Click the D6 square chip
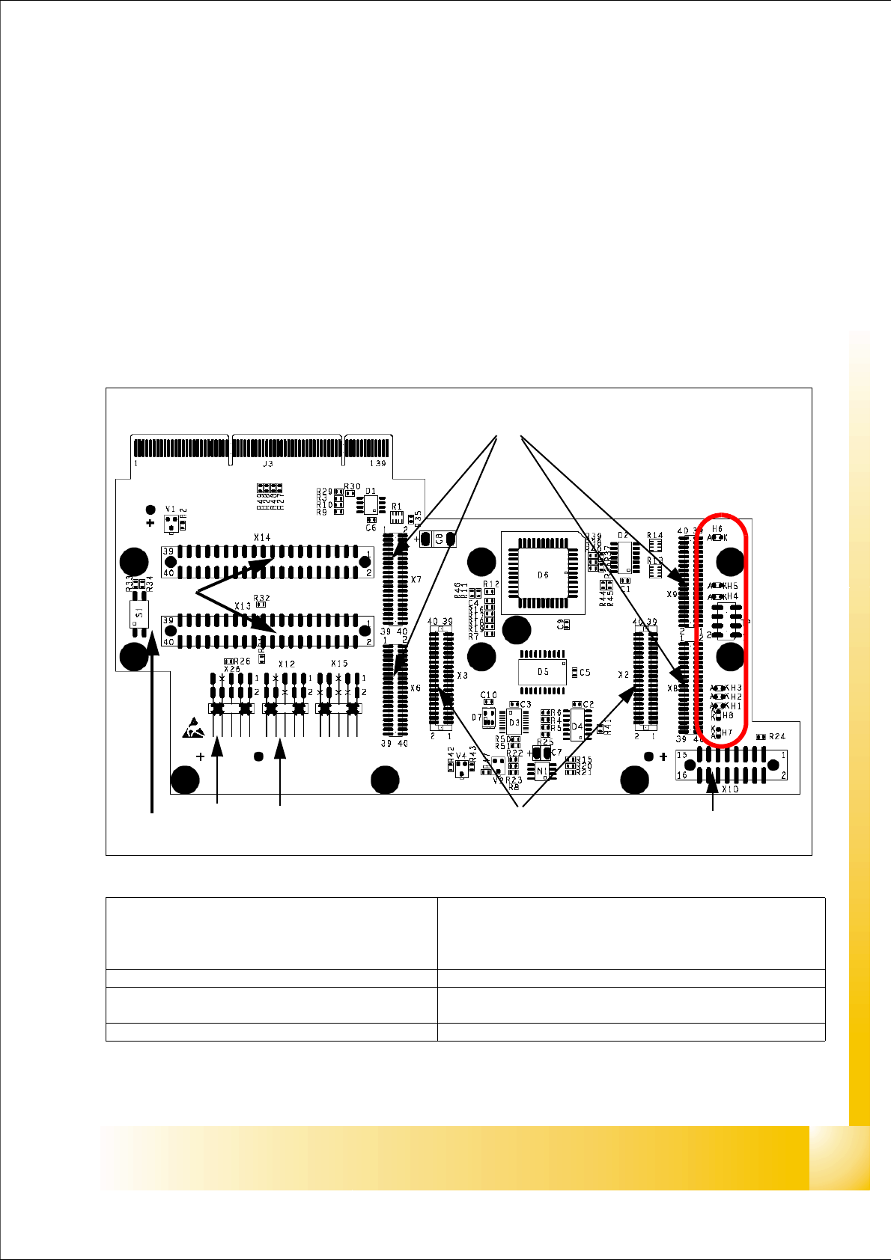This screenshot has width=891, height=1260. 543,574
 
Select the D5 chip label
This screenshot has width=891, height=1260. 543,672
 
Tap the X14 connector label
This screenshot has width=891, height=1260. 262,537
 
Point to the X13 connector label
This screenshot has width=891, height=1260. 243,605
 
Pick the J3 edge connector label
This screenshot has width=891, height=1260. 267,464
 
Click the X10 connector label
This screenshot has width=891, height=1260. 731,789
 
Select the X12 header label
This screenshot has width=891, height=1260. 286,664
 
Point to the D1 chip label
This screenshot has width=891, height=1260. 371,490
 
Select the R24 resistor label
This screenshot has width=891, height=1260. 777,736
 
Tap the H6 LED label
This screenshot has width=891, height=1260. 717,528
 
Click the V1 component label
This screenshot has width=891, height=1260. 171,509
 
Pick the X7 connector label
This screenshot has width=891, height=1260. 416,580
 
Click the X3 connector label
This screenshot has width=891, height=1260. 462,676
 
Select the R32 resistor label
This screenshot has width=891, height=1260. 261,598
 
